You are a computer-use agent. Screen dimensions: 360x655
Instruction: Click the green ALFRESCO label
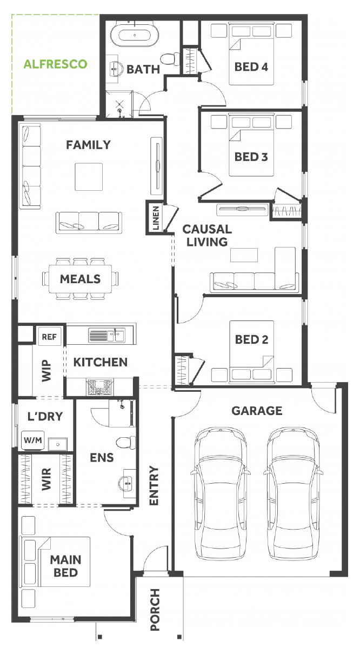[x=55, y=64]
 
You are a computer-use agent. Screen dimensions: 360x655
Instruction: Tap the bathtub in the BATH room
[x=135, y=35]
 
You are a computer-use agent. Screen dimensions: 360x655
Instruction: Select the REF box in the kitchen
[x=49, y=337]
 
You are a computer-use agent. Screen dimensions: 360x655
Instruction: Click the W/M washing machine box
[x=33, y=440]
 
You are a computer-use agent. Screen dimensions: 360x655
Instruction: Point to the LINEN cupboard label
[x=156, y=218]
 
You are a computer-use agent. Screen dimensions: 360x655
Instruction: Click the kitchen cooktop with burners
[x=99, y=386]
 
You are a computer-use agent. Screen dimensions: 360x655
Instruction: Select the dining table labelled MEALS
[x=80, y=279]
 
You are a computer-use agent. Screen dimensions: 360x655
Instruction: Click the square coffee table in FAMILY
[x=89, y=177]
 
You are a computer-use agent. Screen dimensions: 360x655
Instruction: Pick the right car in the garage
[x=293, y=493]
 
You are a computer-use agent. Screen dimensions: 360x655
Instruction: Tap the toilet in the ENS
[x=126, y=443]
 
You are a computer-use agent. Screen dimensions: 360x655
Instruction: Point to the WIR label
[x=46, y=479]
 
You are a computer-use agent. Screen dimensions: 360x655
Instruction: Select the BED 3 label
[x=251, y=157]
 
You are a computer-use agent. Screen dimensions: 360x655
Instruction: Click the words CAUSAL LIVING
[x=207, y=236]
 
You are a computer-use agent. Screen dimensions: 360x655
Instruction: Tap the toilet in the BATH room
[x=170, y=58]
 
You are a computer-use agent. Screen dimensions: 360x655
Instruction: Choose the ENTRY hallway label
[x=154, y=485]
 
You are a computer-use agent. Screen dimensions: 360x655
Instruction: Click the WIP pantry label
[x=46, y=371]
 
